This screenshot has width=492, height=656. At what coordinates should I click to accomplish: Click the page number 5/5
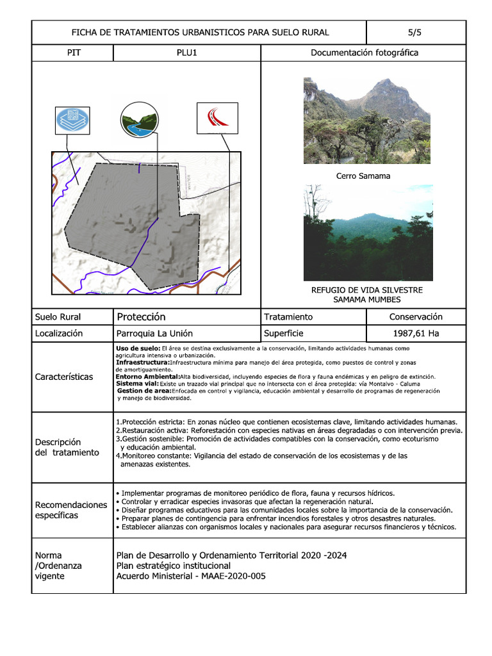[x=415, y=32]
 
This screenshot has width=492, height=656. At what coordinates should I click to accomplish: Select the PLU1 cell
[x=186, y=53]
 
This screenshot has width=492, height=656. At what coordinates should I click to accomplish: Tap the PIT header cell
[x=73, y=53]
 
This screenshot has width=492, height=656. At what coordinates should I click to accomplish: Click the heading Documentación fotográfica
[x=364, y=53]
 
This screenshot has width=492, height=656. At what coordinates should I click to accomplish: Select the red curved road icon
[x=217, y=118]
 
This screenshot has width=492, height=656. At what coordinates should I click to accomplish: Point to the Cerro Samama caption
[x=363, y=176]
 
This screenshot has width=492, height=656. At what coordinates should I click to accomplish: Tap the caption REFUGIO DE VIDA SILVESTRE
[x=366, y=290]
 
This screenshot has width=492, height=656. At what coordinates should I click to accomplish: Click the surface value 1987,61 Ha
[x=416, y=333]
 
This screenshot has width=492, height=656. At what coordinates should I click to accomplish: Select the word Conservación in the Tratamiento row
[x=416, y=316]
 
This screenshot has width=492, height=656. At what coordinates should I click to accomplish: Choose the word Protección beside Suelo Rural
[x=141, y=316]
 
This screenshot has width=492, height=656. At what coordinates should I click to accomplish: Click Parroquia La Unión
[x=154, y=333]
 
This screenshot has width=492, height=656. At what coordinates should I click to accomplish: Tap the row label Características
[x=63, y=377]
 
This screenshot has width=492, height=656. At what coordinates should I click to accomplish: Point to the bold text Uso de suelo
[x=138, y=348]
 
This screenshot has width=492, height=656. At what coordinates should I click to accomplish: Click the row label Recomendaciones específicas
[x=71, y=510]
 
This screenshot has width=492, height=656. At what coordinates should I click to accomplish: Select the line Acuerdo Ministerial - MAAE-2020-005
[x=190, y=576]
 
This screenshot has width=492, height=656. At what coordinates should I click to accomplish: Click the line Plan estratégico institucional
[x=173, y=566]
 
